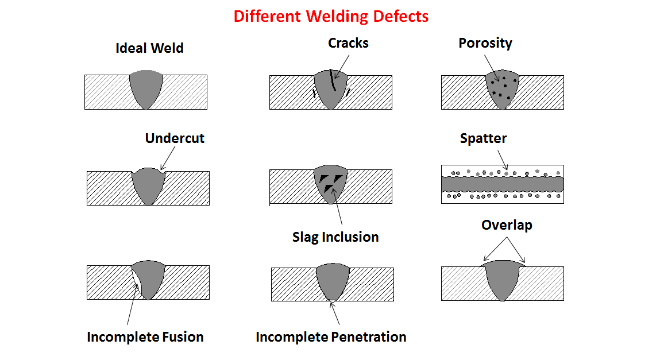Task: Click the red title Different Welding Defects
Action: click(330, 16)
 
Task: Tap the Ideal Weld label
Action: click(149, 48)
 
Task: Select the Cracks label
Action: click(348, 43)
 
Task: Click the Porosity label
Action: click(485, 43)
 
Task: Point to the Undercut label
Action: click(175, 138)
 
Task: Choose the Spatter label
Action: click(483, 138)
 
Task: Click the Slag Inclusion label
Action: click(335, 237)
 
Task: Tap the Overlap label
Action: click(506, 225)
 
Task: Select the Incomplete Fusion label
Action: click(145, 337)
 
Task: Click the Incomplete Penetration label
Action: click(331, 337)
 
